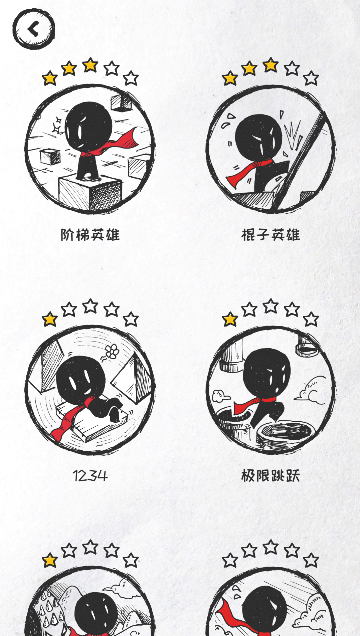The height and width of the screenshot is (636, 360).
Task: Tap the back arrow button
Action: pos(34,29)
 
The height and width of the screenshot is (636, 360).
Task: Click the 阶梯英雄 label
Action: pos(90,235)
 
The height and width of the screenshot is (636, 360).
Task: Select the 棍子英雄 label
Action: pos(271,235)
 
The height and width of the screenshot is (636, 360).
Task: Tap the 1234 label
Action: pos(90,476)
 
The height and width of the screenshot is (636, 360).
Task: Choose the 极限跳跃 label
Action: pos(271,476)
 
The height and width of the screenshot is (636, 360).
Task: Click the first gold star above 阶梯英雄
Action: pos(50,78)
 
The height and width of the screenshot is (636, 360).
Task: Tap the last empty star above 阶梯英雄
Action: pos(131,78)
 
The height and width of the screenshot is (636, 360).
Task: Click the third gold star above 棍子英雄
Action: pos(271,65)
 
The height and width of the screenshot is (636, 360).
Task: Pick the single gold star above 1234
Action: pos(50,320)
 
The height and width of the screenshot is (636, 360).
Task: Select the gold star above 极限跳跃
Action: pos(230,320)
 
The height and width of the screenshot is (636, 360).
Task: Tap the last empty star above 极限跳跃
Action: pos(311,320)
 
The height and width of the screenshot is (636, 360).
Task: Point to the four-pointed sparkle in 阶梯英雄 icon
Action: pos(57,125)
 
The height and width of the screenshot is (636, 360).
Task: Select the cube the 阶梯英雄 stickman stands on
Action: pos(89,194)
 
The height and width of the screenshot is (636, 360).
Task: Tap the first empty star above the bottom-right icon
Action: pos(230,561)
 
